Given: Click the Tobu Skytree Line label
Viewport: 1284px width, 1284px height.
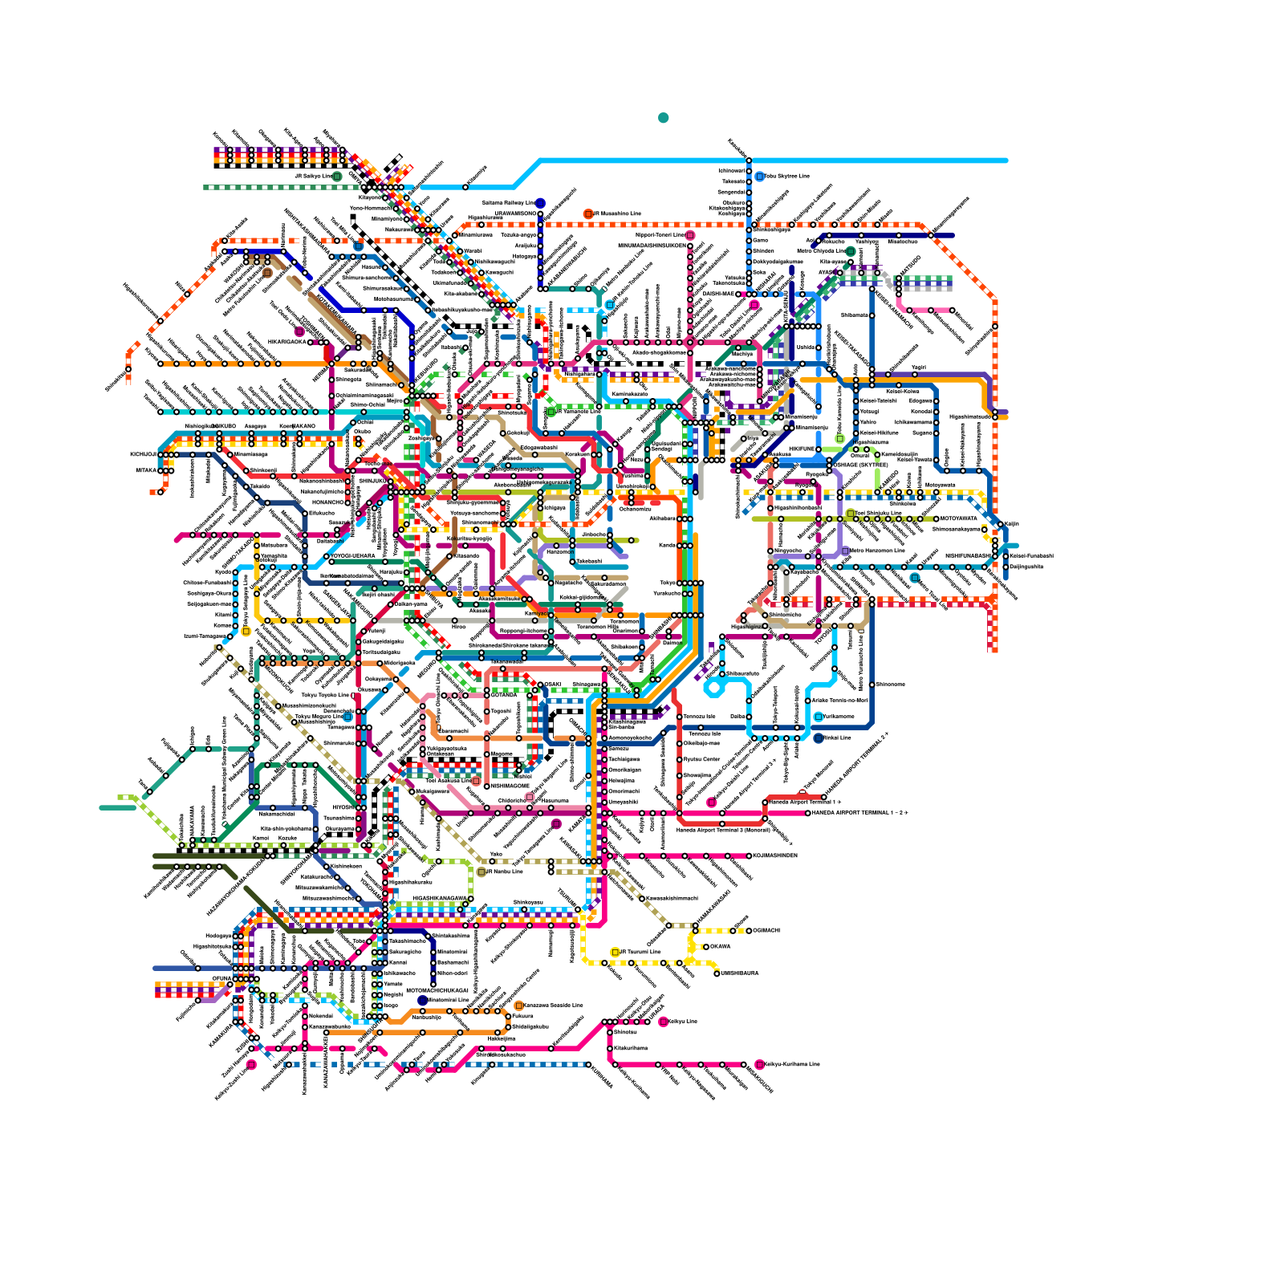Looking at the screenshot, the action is [786, 176].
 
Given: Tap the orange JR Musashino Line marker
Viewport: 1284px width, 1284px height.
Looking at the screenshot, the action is [588, 214].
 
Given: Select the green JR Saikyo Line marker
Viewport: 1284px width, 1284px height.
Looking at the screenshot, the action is [337, 177].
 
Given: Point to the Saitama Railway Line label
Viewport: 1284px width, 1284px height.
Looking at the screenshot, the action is [508, 203].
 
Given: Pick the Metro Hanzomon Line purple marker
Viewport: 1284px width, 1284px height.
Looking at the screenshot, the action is [845, 551].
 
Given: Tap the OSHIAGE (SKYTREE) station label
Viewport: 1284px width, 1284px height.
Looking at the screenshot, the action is [862, 465].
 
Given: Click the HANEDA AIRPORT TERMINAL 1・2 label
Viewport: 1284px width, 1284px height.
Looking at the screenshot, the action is [859, 813].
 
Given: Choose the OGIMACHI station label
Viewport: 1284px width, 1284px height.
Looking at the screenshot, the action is [766, 930].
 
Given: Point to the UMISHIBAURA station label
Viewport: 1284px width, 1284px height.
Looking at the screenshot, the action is [739, 973].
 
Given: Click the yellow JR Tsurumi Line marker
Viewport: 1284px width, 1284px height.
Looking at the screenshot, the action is [615, 952].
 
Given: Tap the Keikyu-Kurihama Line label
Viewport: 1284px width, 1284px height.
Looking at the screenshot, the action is [791, 1064].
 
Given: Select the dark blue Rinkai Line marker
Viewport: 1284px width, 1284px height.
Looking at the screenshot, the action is [818, 737].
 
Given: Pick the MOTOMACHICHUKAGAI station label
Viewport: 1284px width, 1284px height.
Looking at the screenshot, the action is [437, 990].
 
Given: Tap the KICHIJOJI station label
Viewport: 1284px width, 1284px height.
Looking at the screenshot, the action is [144, 454].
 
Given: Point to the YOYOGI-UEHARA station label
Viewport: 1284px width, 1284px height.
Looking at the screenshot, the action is [353, 555].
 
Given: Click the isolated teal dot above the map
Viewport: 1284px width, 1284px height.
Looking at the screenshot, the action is [663, 118].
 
